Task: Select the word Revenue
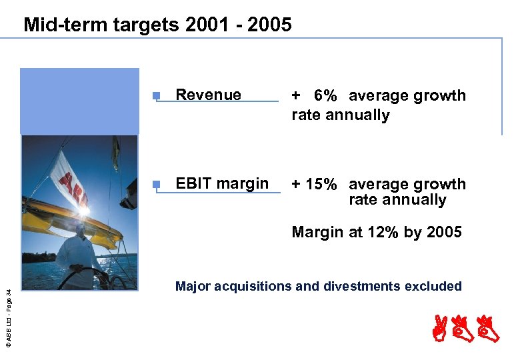pyautogui.click(x=208, y=95)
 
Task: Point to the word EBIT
pyautogui.click(x=193, y=183)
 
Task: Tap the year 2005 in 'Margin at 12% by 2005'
pyautogui.click(x=443, y=232)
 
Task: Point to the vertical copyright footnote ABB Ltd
pyautogui.click(x=8, y=313)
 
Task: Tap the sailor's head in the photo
pyautogui.click(x=80, y=230)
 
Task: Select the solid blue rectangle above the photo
pyautogui.click(x=79, y=101)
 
